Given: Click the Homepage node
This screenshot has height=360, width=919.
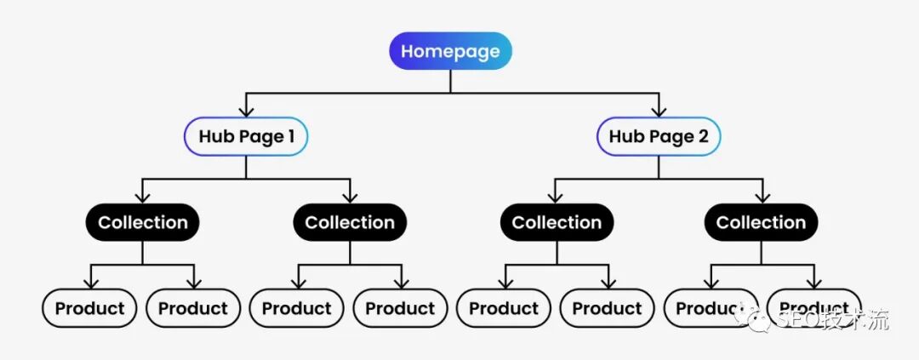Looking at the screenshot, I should [450, 51].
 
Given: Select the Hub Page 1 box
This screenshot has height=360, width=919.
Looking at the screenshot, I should [246, 136].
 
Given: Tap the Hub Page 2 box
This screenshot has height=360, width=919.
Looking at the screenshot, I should [659, 136].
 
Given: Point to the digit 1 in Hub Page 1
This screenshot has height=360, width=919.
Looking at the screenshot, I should [291, 136].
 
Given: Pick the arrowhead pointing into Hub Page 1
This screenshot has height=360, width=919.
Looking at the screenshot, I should [246, 110].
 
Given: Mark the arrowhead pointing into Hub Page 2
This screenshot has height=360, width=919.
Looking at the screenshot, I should [659, 110].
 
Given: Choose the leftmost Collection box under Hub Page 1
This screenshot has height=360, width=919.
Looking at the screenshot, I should [143, 223].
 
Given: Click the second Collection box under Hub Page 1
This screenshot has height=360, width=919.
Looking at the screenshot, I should [350, 223].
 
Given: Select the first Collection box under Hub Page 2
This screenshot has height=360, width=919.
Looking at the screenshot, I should [557, 223].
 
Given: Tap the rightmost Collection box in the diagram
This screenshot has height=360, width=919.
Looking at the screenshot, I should [762, 223].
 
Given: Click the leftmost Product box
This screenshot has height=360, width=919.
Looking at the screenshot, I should [90, 308].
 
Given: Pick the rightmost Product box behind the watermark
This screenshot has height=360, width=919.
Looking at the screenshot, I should [814, 308].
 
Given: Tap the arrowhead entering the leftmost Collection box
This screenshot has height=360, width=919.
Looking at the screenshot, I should [143, 197].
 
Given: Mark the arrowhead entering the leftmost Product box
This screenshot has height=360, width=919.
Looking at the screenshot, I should [90, 283].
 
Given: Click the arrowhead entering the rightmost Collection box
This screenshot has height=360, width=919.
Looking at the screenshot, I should [762, 197].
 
